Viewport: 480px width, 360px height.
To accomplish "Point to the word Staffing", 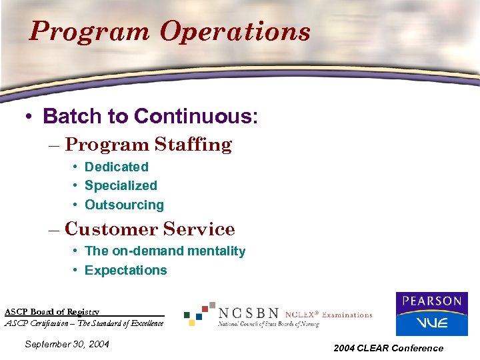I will pos(193,145).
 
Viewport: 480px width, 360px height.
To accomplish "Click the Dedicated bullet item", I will pos(116,167).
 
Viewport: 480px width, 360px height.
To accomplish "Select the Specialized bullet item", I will pos(121,185).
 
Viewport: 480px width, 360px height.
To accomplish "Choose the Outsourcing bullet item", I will pos(124,205).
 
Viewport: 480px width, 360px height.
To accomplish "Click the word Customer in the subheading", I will pos(111,229).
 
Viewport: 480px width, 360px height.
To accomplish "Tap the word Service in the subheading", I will pos(199,229).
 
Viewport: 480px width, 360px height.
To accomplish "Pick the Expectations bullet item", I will pos(125,270).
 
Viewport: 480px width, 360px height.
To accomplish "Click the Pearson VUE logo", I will pos(431,313).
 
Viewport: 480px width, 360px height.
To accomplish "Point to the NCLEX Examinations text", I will pos(328,315).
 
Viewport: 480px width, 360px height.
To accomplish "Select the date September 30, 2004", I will pos(66,344).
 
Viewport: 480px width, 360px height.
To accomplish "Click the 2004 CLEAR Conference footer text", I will pos(388,348).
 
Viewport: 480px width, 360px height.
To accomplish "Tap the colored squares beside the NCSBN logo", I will pos(199,313).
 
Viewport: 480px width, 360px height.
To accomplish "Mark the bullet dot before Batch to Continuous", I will pos(28,117).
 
